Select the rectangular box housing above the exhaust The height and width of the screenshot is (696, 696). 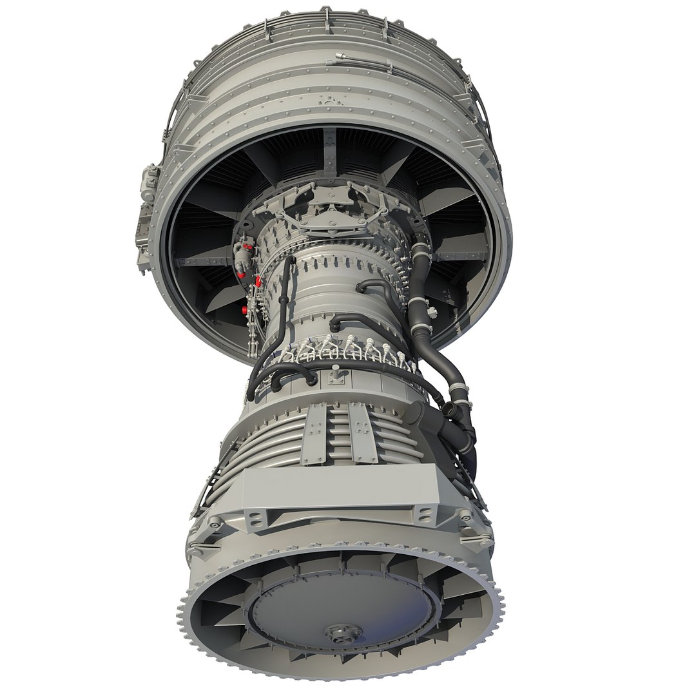(342, 487)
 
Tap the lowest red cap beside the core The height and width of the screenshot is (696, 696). (244, 310)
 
